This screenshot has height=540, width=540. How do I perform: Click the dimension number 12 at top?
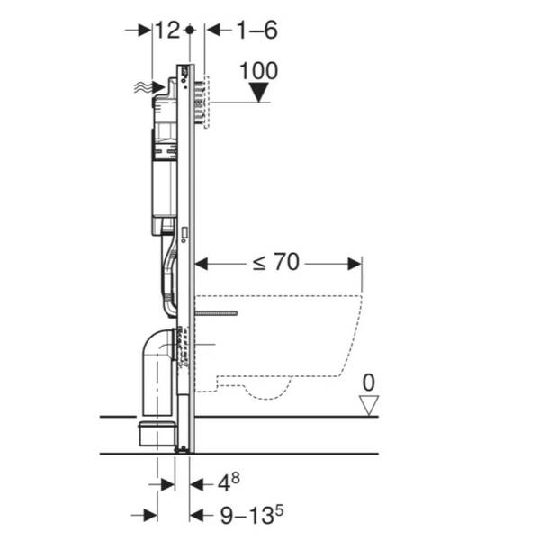tap(167, 30)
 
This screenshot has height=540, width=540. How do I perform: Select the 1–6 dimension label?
tap(256, 30)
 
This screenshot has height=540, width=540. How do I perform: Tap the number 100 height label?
tap(258, 71)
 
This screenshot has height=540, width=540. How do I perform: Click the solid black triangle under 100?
tap(259, 93)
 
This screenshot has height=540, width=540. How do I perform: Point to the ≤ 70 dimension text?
tap(276, 263)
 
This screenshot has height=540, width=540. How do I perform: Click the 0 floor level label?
tap(368, 382)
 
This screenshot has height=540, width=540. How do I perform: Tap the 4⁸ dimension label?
tap(229, 482)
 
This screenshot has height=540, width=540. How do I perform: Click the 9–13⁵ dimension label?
tap(252, 515)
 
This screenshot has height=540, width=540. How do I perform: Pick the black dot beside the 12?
tap(189, 30)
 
